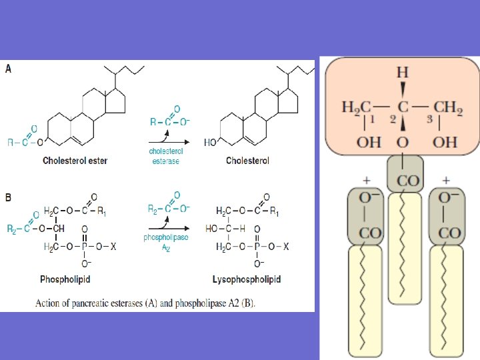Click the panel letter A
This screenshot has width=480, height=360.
click(x=8, y=69)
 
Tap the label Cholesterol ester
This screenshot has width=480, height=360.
click(x=75, y=160)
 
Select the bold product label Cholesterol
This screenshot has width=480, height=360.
click(x=247, y=160)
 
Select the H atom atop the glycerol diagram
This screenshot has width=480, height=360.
click(x=402, y=71)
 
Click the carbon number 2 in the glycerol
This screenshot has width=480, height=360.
click(x=393, y=119)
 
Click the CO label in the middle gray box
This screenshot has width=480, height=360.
click(x=405, y=181)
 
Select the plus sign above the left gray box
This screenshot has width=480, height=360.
click(x=365, y=180)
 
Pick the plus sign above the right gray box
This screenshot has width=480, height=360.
click(x=445, y=180)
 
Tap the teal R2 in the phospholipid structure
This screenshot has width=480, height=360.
click(x=13, y=229)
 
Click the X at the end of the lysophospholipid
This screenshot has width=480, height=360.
click(x=286, y=246)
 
